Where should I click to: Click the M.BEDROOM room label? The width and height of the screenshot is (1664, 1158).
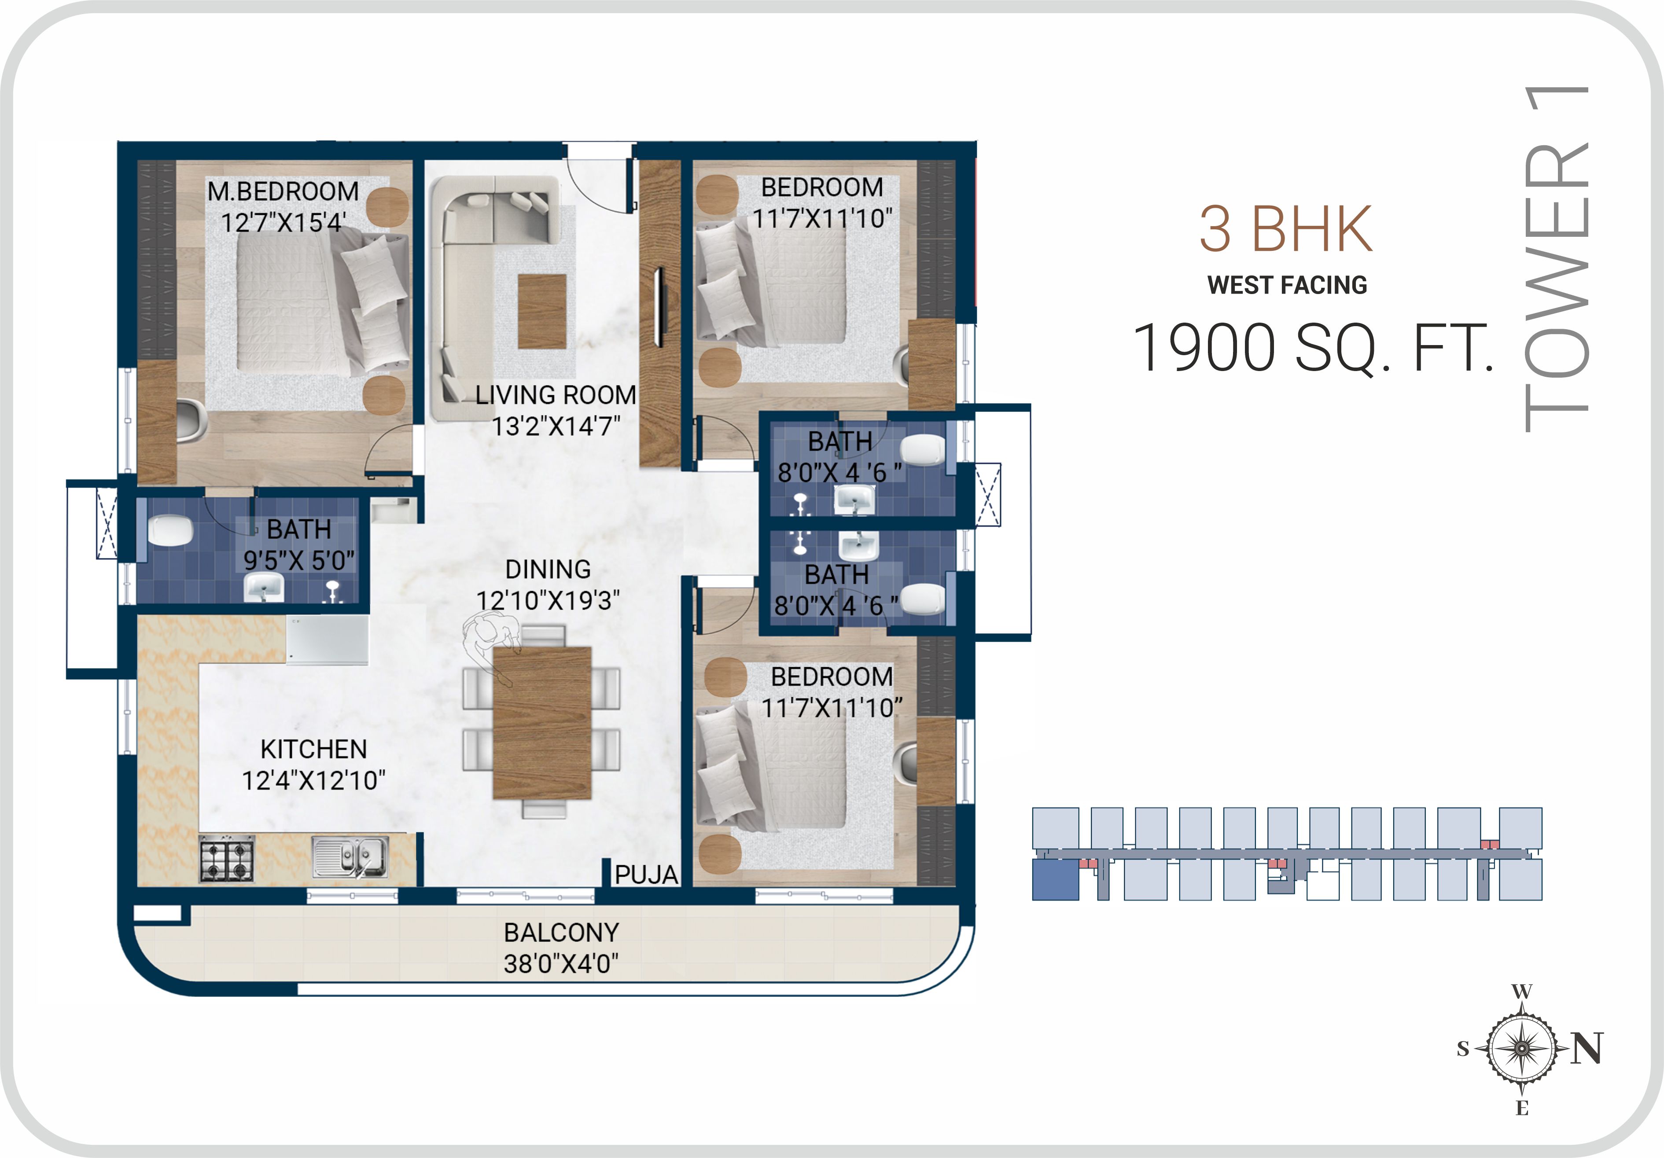[283, 191]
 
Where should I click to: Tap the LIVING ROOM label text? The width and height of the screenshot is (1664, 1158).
[556, 395]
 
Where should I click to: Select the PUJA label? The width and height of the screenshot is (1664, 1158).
[647, 875]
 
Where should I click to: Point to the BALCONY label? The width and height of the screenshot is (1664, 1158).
[562, 932]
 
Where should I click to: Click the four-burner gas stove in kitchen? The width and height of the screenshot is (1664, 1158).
[227, 859]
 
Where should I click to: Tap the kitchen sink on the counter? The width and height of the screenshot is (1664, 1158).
[350, 857]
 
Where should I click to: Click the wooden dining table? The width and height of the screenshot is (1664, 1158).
[542, 722]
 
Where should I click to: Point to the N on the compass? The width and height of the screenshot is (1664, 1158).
[1587, 1048]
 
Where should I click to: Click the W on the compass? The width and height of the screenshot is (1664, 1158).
[1522, 991]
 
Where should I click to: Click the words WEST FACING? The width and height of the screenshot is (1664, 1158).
[1287, 285]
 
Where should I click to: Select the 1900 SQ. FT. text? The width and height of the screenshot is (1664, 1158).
[1313, 348]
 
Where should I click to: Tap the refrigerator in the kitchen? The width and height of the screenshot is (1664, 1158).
[327, 640]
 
